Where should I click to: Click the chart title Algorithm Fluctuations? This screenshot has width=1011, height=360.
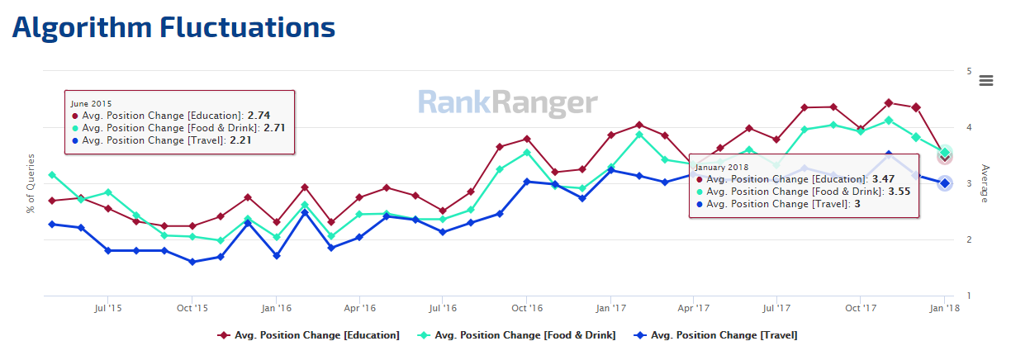(x=173, y=27)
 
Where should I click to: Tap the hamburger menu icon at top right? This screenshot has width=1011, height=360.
(x=985, y=80)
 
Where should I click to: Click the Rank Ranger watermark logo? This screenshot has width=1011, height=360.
(x=507, y=102)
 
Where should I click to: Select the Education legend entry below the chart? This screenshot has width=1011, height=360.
(x=309, y=335)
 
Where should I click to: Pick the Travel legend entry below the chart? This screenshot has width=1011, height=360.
(x=715, y=335)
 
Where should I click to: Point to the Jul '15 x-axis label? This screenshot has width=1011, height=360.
(x=108, y=308)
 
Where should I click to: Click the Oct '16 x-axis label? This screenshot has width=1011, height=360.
(x=526, y=308)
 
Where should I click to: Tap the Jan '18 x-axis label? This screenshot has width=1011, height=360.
(x=944, y=308)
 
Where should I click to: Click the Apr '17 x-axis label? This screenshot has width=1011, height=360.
(x=693, y=308)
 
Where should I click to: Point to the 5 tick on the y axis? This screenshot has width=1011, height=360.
(x=968, y=71)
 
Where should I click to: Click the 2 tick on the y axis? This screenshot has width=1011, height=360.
(x=968, y=240)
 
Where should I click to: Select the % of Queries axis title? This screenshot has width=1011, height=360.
(x=31, y=183)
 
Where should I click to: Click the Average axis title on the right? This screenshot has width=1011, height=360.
(x=985, y=183)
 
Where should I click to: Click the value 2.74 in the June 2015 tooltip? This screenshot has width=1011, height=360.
(x=259, y=116)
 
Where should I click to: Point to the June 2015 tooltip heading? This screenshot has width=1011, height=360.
(x=90, y=104)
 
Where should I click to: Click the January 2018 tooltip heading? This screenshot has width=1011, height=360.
(x=721, y=167)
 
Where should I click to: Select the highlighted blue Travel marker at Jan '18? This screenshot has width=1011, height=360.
(x=945, y=183)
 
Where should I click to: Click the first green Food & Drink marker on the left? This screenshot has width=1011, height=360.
(x=52, y=175)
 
